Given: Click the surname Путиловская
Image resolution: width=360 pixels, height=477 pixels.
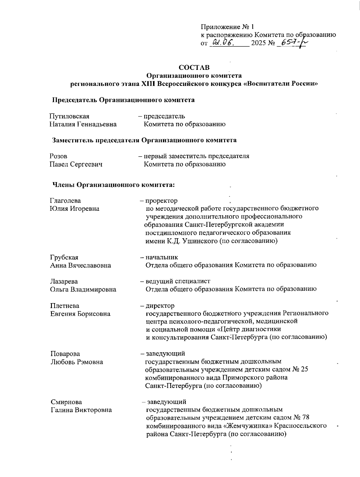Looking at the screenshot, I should pos(70,116).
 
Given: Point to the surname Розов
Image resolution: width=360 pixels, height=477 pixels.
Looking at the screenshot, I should pos(58,156).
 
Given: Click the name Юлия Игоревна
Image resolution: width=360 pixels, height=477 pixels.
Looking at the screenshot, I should pos(74,208).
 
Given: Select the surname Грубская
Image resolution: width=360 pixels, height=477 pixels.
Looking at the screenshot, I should pos(64,257).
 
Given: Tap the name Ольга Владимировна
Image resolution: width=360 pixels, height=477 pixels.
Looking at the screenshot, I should pos(83,290).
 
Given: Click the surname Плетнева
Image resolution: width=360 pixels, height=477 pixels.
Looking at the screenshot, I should pos(64,306).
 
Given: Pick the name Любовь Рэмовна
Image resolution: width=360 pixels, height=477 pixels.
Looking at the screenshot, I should pos(77,362).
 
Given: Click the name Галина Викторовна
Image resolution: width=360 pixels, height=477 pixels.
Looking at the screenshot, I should pos(81,410).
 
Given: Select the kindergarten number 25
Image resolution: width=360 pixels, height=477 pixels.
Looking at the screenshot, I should pos(304,369).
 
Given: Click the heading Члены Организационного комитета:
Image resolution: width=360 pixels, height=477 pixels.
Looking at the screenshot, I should pos(114,185).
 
